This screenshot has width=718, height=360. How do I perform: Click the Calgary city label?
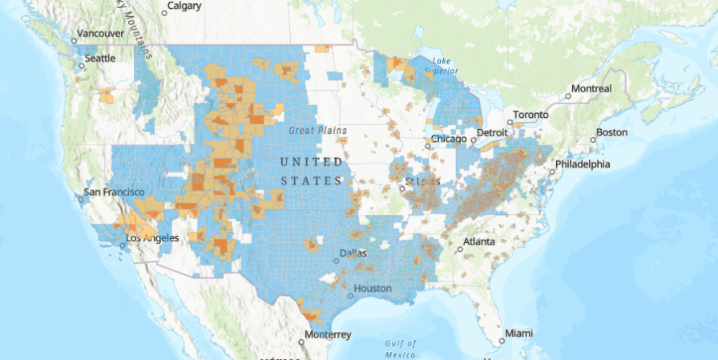186,6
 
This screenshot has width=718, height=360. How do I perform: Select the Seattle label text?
100,59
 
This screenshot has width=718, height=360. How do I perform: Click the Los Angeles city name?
152,238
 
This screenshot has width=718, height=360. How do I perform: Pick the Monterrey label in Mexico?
327,334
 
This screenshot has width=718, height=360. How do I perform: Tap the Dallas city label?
353,253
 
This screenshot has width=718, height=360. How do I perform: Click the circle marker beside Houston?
347,289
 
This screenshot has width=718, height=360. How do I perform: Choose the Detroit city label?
492,132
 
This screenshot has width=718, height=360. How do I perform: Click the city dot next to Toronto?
509,123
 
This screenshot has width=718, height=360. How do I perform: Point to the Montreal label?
593,88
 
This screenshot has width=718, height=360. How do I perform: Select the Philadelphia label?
583,164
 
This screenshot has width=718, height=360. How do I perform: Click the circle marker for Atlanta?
460,249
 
